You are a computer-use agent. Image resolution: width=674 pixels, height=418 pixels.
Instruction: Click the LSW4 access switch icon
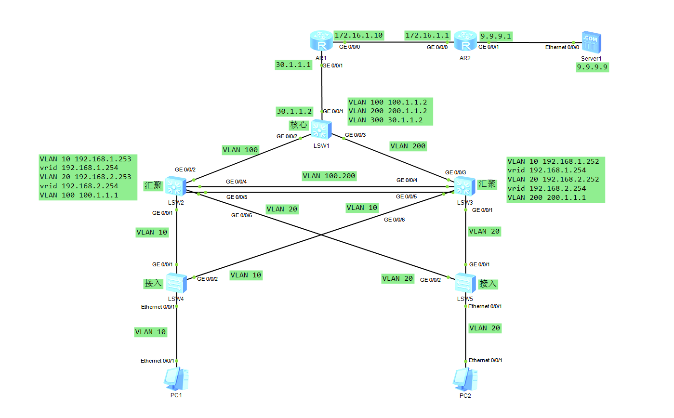(176, 282)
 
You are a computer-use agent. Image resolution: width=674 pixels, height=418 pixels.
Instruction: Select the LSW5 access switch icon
(465, 282)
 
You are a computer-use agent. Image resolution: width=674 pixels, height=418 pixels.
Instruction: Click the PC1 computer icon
(176, 379)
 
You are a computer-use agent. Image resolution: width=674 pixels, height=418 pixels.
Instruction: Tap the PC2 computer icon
(465, 379)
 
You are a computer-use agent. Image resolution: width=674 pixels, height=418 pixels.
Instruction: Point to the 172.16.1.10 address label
(358, 35)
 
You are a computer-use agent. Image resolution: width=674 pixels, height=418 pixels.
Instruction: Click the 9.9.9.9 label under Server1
(593, 68)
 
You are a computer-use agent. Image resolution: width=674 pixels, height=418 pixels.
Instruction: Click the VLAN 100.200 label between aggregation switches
(329, 176)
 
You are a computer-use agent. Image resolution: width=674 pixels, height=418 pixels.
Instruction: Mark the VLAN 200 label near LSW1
(408, 146)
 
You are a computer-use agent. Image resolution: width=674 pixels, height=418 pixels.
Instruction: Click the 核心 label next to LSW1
(297, 125)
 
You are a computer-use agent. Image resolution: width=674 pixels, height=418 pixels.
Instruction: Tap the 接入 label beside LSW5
(488, 284)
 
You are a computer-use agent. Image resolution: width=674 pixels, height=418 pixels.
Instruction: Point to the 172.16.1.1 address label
(427, 35)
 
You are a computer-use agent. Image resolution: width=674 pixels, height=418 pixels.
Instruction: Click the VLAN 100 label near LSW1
(240, 150)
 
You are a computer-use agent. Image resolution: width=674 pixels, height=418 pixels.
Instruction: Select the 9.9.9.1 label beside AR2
(496, 36)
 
